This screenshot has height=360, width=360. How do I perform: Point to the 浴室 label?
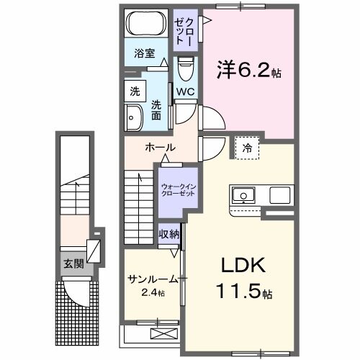[x=144, y=53]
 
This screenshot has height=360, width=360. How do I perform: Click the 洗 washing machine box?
[x=135, y=91]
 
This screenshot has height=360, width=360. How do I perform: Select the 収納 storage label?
[x=169, y=234]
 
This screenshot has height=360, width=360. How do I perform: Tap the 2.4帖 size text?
[x=152, y=294]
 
